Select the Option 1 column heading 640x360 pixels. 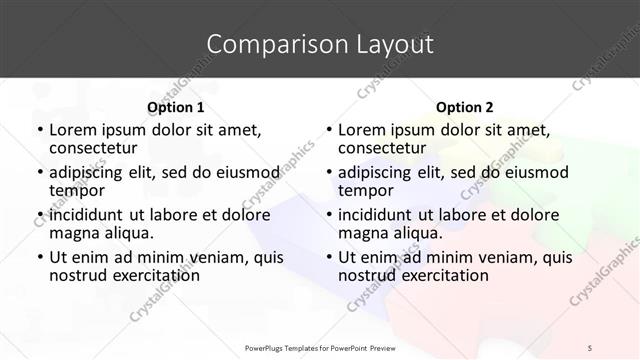click(175, 107)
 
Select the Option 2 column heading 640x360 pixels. click(464, 107)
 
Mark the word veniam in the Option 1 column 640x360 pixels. click(205, 256)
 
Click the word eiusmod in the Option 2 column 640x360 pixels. click(537, 172)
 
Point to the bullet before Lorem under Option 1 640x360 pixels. click(39, 130)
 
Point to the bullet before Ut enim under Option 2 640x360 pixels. click(328, 257)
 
